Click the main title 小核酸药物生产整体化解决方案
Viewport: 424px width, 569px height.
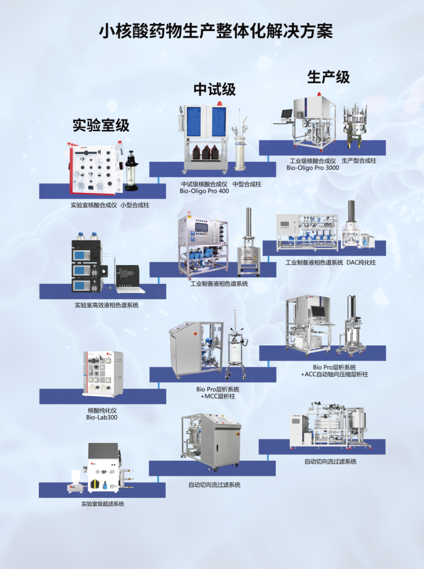tap(216, 32)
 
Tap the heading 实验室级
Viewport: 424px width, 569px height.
tap(101, 126)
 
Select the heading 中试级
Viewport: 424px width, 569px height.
tap(215, 89)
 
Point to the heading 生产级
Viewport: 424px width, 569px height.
tap(328, 77)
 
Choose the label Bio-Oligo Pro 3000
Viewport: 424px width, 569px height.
tap(313, 168)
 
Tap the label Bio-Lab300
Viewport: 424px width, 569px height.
tap(102, 417)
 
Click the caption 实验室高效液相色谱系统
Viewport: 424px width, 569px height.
tap(106, 305)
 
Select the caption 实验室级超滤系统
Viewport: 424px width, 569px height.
tap(102, 504)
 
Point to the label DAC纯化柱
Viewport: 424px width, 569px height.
tap(361, 262)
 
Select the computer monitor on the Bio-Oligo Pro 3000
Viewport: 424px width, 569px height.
tap(286, 115)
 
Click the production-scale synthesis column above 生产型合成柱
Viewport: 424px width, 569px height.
tap(356, 124)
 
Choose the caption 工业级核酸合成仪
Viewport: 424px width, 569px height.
tap(313, 161)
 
